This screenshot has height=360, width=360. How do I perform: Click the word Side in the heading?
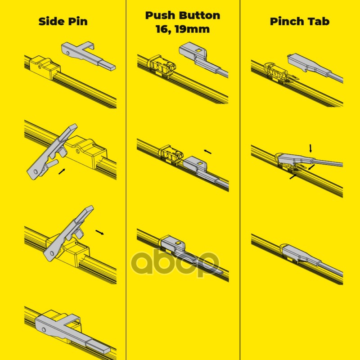click(x=51, y=21)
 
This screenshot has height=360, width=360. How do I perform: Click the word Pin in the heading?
click(x=78, y=21)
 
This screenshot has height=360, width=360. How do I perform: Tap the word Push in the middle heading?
click(x=161, y=15)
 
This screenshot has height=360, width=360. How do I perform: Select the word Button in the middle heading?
click(x=199, y=15)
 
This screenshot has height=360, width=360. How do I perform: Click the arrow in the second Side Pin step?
click(x=62, y=171)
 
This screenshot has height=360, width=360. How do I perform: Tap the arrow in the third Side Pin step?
click(x=99, y=232)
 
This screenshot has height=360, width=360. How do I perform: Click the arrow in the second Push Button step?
click(x=207, y=152)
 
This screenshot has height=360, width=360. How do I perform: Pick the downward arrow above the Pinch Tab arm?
click(x=310, y=148)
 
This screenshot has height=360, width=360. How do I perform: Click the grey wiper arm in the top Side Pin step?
click(x=88, y=56)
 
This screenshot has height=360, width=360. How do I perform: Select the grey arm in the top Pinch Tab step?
click(x=315, y=67)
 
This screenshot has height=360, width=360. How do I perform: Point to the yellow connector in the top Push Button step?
click(x=162, y=65)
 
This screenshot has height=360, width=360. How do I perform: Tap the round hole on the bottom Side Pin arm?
click(x=44, y=330)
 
